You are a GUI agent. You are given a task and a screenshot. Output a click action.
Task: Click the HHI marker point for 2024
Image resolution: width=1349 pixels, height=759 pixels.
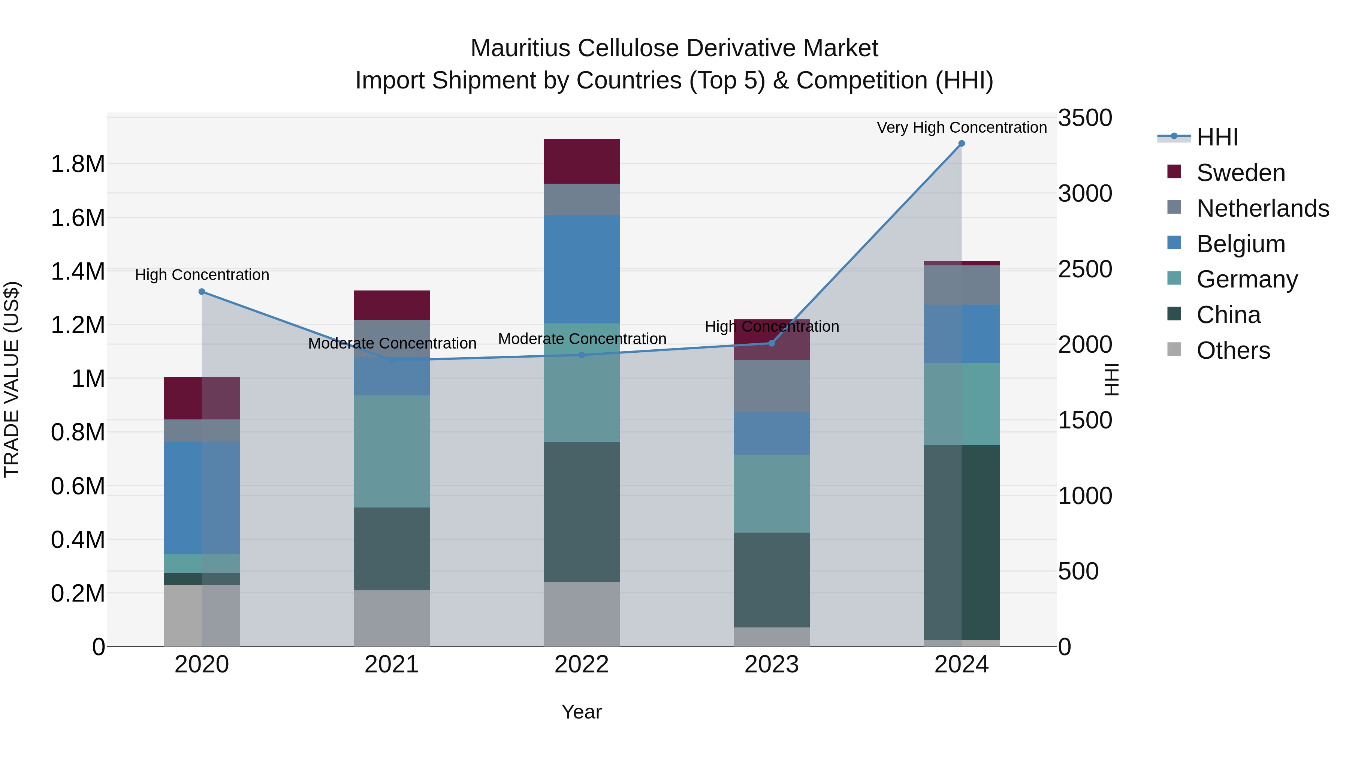[962, 144]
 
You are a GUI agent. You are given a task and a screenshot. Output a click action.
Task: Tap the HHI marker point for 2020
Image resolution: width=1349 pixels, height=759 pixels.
[202, 292]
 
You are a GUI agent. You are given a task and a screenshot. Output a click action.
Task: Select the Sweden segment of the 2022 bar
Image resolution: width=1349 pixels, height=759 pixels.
[581, 161]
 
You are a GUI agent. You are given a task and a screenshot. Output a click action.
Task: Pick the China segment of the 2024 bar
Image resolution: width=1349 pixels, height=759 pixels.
[962, 542]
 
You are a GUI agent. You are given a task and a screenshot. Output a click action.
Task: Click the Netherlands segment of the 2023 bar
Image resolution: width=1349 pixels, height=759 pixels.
[772, 386]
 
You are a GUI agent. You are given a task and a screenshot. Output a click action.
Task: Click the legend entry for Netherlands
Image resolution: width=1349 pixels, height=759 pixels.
[1262, 208]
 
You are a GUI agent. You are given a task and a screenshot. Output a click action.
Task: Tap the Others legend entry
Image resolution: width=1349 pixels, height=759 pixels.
[1233, 350]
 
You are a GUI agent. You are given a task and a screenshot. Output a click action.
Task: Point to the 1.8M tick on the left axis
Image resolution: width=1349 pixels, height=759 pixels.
[78, 164]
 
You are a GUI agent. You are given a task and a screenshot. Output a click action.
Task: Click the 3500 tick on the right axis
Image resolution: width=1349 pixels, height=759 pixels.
[1084, 118]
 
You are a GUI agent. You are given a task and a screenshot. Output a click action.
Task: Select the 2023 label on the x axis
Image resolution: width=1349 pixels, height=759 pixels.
[772, 665]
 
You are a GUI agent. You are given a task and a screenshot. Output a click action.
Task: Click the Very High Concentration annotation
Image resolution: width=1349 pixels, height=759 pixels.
[962, 127]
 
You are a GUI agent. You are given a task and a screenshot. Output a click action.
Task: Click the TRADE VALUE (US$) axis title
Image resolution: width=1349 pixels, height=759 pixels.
[12, 379]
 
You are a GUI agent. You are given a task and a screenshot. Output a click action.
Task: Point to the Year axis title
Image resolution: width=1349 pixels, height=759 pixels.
[581, 712]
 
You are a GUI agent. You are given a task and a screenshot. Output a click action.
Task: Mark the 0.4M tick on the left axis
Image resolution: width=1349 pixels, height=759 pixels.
[78, 539]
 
